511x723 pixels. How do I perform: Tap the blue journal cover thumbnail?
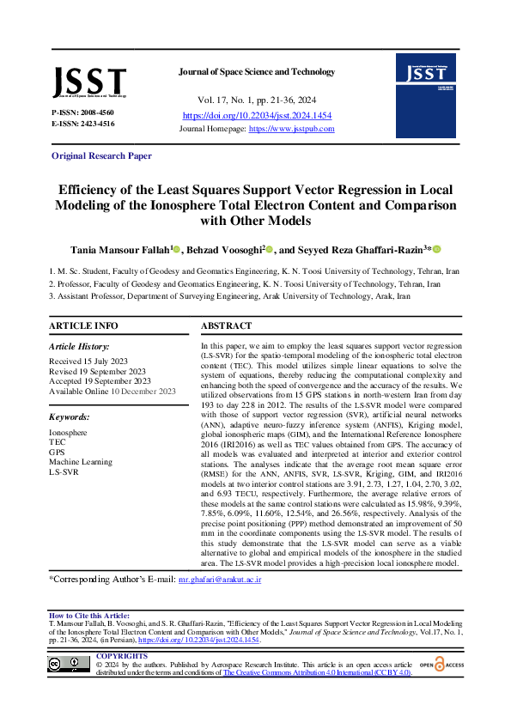(x=425, y=83)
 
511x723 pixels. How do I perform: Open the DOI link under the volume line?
(x=257, y=115)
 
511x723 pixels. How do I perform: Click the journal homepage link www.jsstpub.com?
(x=291, y=129)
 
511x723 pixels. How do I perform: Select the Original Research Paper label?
(x=101, y=155)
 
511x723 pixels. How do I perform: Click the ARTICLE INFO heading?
(x=83, y=326)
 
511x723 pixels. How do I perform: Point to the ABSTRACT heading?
(x=226, y=326)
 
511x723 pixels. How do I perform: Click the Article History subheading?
(x=83, y=345)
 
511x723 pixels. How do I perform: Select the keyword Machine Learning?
(x=82, y=461)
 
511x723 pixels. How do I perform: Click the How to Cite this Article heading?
(x=89, y=616)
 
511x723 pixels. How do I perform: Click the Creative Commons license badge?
(x=69, y=663)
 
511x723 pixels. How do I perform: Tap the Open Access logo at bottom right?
(x=442, y=664)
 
